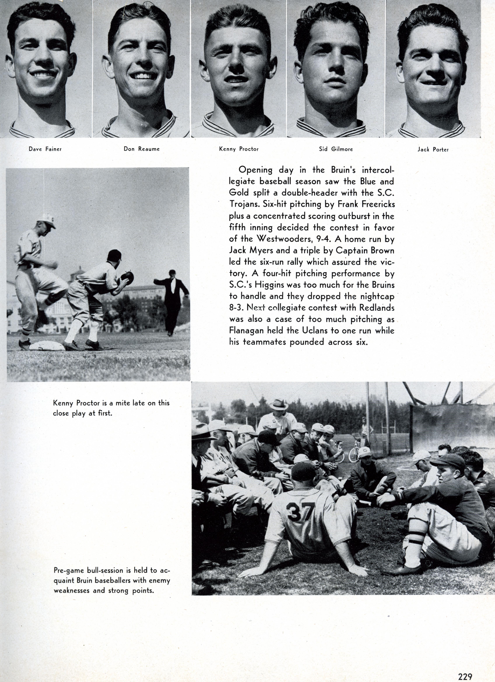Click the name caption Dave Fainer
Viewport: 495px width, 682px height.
[45, 149]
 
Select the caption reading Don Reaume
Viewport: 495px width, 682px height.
[142, 149]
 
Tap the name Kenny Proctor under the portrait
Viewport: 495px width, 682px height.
[239, 149]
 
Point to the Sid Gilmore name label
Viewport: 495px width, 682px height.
[336, 149]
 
